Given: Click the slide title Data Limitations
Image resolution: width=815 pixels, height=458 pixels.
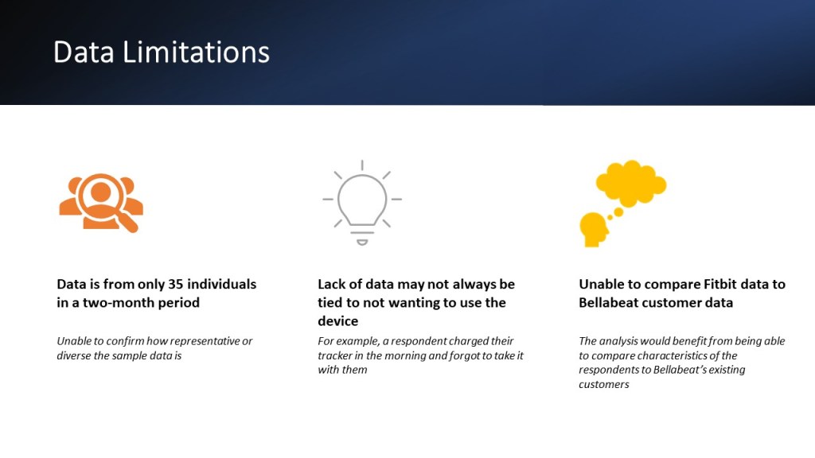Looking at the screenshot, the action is click(161, 52).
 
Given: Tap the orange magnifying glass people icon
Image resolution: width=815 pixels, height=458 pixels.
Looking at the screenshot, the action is click(101, 203).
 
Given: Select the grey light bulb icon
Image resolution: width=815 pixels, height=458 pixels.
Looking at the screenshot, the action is click(362, 203).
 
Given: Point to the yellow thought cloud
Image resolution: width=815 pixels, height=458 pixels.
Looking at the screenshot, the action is click(631, 182).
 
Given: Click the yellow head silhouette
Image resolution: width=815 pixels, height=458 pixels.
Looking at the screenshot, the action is click(594, 230).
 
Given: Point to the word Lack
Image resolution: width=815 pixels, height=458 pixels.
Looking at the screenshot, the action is click(331, 284).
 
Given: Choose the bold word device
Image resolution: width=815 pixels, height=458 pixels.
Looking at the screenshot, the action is click(337, 321).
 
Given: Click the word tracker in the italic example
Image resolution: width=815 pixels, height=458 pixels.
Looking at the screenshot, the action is click(333, 355).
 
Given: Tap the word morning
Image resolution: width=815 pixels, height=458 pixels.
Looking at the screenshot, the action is click(405, 356).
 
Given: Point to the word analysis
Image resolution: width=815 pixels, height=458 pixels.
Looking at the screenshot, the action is click(618, 342).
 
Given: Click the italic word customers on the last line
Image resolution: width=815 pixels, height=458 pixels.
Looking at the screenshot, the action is click(604, 385).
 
